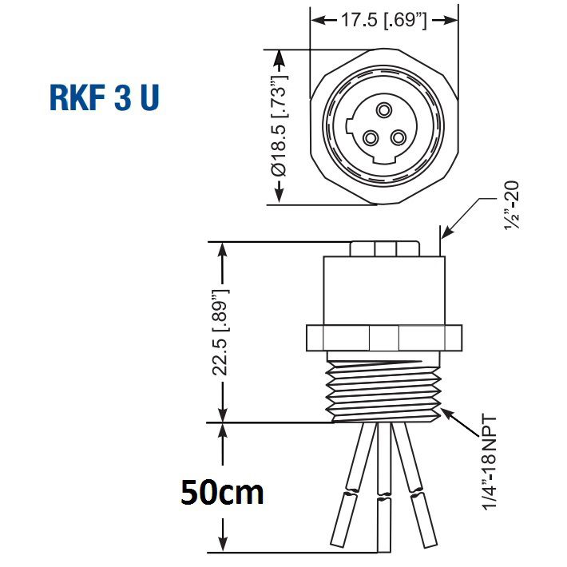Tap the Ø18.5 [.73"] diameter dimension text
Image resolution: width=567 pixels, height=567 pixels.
[x=279, y=127]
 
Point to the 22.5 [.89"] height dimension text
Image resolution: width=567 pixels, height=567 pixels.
[x=221, y=331]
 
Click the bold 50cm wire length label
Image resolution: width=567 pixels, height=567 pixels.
[x=221, y=492]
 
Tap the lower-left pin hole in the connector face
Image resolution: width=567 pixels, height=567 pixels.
[x=370, y=138]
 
